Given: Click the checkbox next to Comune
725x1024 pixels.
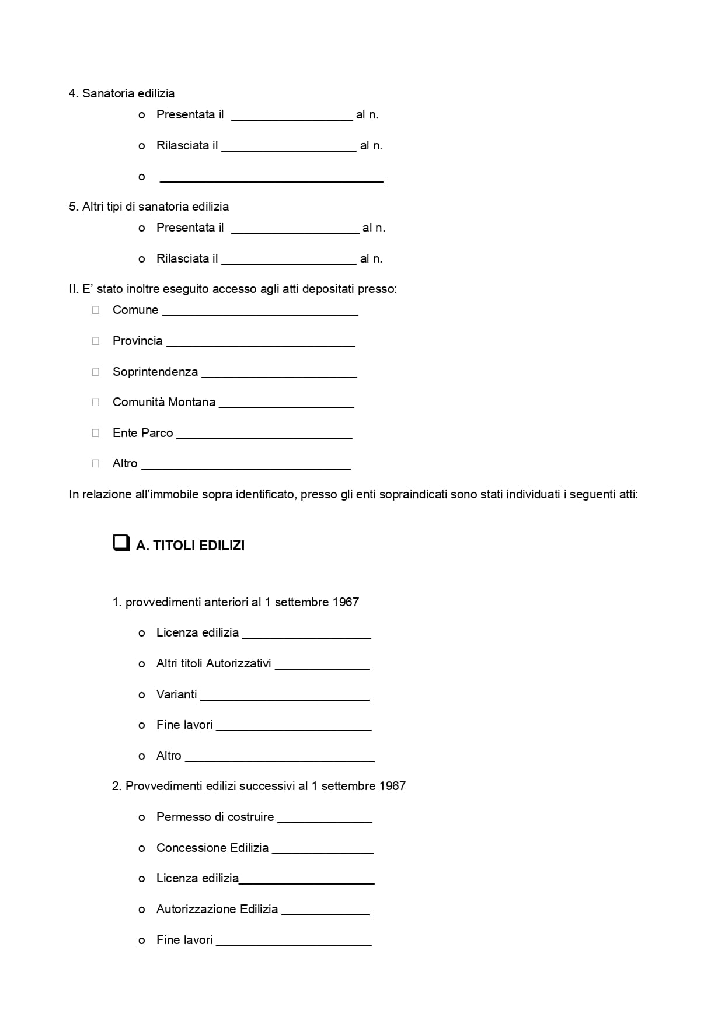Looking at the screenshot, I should coord(96,310).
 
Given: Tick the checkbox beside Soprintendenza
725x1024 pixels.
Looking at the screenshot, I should coord(96,372).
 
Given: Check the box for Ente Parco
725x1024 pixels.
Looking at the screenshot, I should coord(96,433).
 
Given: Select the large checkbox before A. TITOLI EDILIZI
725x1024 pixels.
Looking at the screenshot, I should coord(121,543).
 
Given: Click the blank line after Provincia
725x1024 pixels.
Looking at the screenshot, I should coord(260,343).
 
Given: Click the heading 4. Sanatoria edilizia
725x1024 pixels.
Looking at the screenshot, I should coord(121,93).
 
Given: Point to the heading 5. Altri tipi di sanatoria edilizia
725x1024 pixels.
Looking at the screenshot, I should coord(149,207).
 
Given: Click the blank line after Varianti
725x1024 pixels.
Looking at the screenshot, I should coord(284,696).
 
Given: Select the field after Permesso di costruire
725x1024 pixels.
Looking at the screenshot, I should coord(325,819).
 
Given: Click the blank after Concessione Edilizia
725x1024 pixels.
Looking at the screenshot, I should coord(322,850).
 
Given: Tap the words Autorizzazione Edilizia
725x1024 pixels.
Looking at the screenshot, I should coord(217,909).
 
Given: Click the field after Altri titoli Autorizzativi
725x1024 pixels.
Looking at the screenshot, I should coord(322,665).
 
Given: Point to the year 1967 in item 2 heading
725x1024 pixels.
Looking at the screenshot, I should coord(392,786).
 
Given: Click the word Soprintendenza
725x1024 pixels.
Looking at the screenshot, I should coord(155,372).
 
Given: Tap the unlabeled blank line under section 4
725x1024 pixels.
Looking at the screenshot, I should coord(271,178).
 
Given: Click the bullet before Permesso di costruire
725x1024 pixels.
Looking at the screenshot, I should coord(142,817).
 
